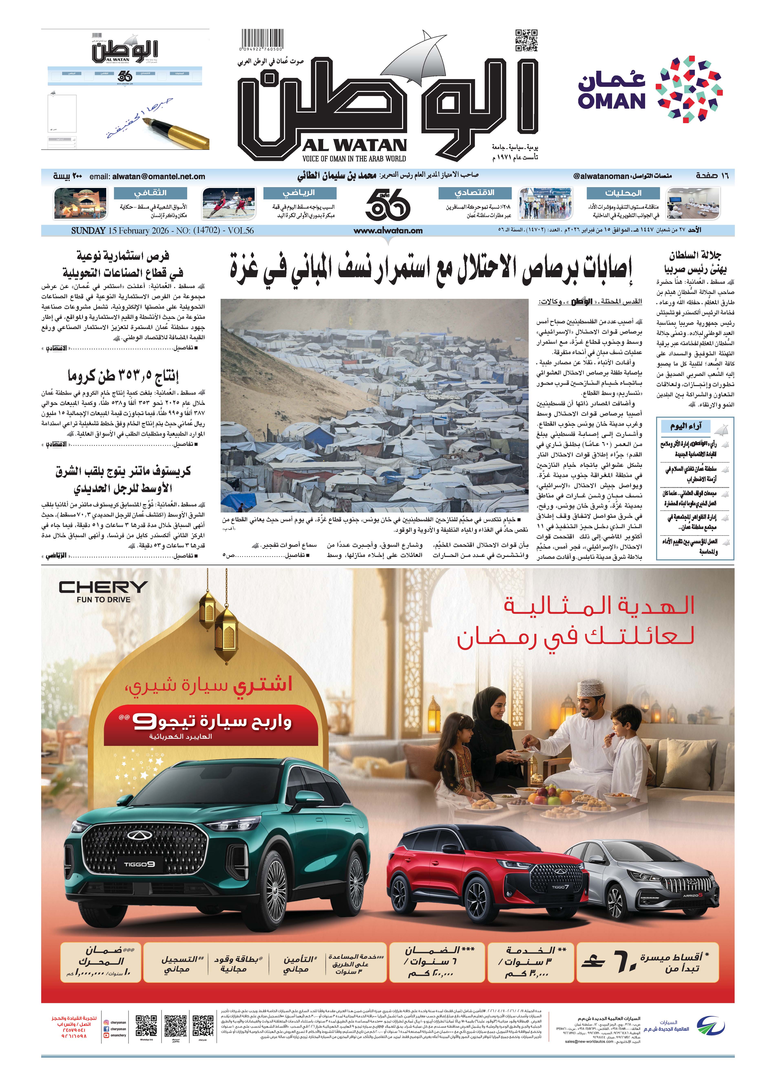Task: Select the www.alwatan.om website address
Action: (x=388, y=231)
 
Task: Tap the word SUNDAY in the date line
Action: (x=88, y=231)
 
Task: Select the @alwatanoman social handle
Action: (x=601, y=176)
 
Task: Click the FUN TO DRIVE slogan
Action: (x=103, y=600)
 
